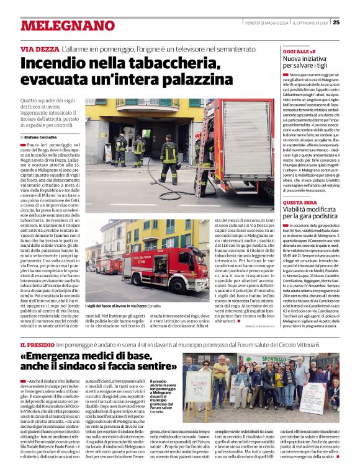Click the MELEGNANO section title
(61, 25)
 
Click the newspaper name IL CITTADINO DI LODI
(310, 22)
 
